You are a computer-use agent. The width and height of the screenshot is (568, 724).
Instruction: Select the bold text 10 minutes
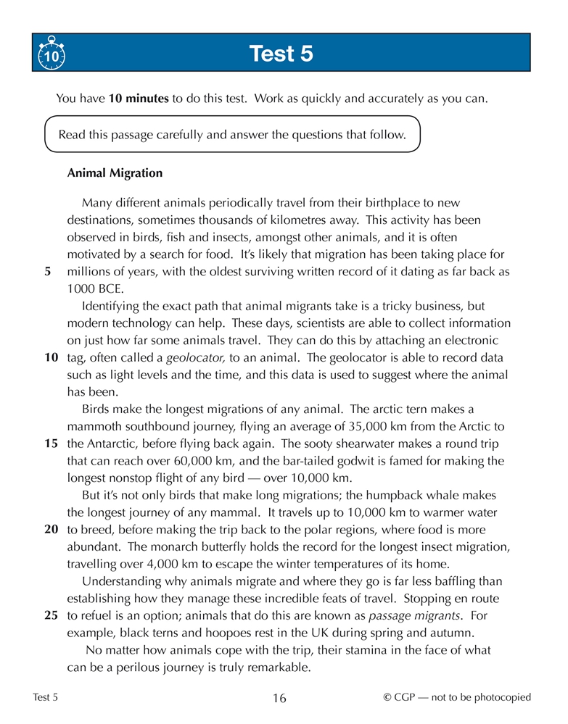pyautogui.click(x=139, y=99)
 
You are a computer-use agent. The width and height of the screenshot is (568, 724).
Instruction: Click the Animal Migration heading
pyautogui.click(x=115, y=174)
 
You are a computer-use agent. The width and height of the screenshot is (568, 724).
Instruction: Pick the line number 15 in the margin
pyautogui.click(x=52, y=443)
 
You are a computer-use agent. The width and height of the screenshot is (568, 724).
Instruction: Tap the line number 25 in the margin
pyautogui.click(x=52, y=616)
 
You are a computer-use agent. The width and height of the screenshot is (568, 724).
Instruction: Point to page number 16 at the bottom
pyautogui.click(x=279, y=699)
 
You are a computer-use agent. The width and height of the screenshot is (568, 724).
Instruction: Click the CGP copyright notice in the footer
pyautogui.click(x=457, y=698)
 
